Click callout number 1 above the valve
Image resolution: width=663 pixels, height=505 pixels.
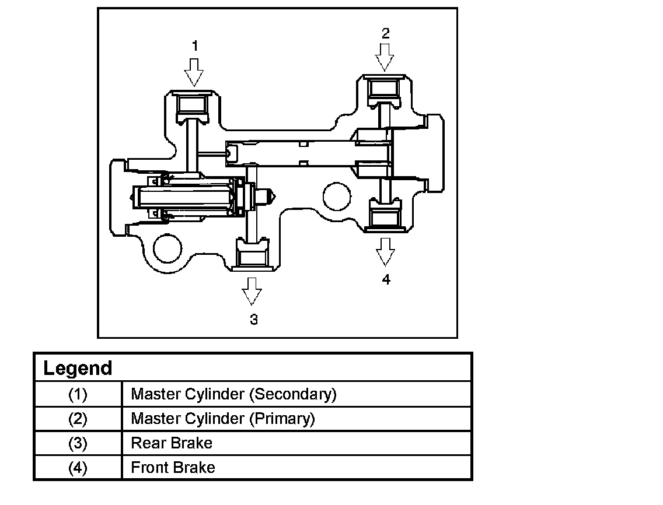(195, 45)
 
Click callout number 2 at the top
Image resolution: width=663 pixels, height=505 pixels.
(385, 33)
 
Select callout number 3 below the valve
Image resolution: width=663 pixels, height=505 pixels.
(254, 320)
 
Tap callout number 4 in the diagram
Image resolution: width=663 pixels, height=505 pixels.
(386, 279)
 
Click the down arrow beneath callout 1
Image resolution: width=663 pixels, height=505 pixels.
(194, 72)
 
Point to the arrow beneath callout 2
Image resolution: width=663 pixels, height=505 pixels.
(385, 58)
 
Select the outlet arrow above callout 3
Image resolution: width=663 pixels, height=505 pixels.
(252, 291)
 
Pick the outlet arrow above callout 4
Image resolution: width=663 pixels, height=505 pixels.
(385, 252)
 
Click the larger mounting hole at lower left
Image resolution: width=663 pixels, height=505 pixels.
(168, 248)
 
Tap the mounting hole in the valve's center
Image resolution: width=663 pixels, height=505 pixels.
(337, 197)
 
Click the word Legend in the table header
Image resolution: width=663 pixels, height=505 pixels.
(78, 368)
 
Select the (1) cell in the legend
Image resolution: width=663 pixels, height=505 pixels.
(78, 394)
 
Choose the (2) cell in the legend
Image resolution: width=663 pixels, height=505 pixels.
(78, 419)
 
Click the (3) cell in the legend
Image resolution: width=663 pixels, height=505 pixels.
(78, 443)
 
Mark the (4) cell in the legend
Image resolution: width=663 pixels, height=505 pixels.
(78, 468)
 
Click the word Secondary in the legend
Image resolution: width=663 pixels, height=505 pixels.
(292, 394)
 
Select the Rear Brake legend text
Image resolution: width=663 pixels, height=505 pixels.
(172, 443)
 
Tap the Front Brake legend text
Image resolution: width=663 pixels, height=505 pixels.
(173, 468)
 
